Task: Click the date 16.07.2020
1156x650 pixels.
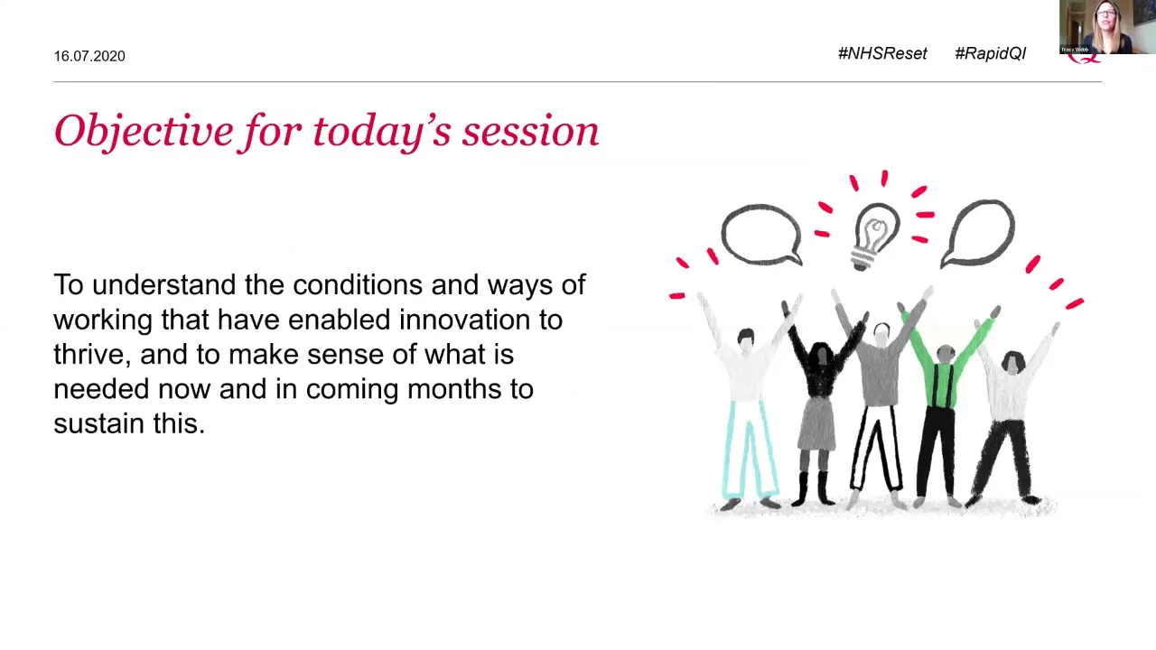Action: [89, 56]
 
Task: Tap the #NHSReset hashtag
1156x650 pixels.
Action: [882, 53]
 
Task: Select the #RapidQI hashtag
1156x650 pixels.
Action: [991, 53]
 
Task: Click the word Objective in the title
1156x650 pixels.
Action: [144, 132]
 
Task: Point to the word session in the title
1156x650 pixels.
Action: [530, 132]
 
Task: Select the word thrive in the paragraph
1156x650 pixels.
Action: [92, 355]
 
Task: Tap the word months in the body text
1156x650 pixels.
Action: [454, 388]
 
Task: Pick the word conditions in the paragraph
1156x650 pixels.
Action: [358, 284]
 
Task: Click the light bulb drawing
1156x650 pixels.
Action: [876, 236]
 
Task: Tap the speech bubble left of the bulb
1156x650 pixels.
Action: [761, 236]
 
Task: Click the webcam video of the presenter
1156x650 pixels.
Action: [1107, 27]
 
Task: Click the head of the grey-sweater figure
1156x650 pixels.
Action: [881, 334]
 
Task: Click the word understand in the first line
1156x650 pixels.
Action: [164, 284]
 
